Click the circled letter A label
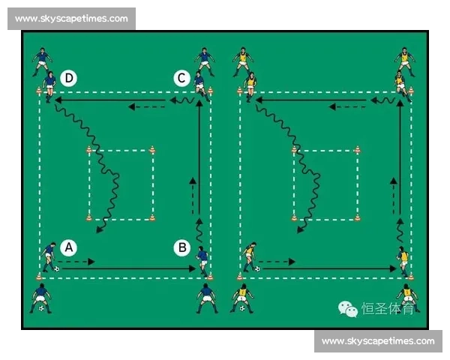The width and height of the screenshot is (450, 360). (68, 247)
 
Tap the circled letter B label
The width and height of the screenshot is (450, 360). (182, 247)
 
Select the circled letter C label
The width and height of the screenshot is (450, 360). (181, 78)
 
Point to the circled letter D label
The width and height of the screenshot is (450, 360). (69, 78)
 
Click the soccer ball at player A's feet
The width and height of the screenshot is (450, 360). (57, 269)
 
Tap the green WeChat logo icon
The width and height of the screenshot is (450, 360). (348, 309)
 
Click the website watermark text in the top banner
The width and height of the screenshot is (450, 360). (71, 19)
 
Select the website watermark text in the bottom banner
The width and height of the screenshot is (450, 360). (378, 341)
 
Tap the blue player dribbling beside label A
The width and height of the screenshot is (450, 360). (49, 257)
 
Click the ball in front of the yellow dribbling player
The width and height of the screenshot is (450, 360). (257, 269)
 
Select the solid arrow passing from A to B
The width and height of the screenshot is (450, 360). (128, 268)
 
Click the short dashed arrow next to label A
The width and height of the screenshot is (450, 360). (76, 262)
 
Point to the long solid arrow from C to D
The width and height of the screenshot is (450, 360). (110, 100)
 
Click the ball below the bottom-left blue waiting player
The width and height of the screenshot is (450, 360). (41, 308)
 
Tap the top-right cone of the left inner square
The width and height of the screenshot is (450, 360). (152, 150)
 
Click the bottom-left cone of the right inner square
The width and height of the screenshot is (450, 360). (294, 218)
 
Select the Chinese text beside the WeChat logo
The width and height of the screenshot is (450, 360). (388, 308)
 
